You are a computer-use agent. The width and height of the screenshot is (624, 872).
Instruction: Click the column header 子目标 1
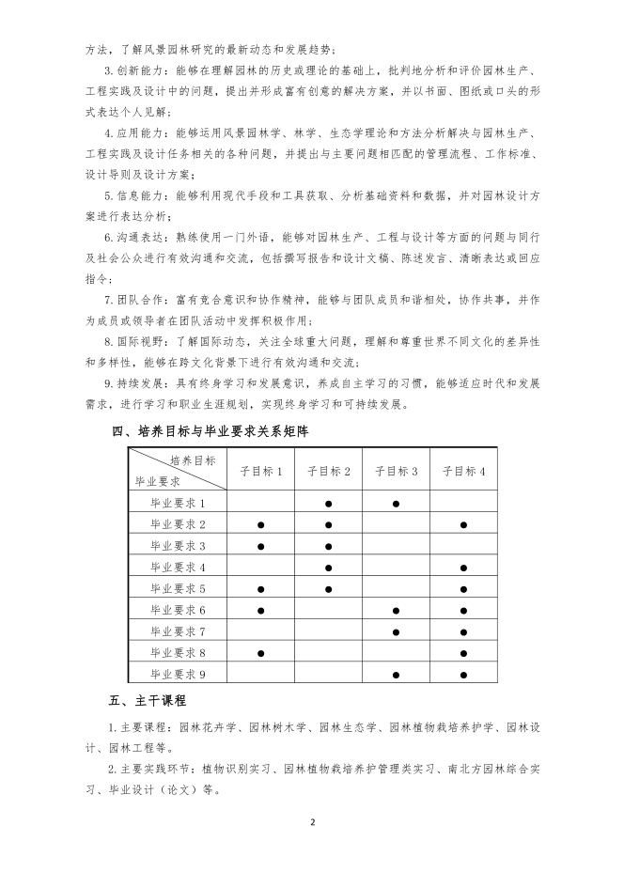260,471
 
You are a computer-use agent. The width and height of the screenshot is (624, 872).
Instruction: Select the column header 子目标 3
396,471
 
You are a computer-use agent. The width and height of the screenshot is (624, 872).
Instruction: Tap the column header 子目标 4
463,471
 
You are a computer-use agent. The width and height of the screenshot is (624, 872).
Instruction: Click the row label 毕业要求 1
178,504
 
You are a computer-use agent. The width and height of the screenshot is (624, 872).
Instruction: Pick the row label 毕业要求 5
178,589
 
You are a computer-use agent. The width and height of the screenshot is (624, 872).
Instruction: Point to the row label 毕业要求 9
178,674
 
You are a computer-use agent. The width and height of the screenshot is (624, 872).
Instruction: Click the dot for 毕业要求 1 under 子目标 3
396,504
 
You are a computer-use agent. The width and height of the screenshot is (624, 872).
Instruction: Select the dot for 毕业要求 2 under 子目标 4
463,524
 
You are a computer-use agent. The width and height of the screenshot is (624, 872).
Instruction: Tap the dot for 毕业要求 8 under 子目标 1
260,652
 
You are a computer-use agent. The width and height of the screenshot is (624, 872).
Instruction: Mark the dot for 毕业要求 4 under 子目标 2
328,568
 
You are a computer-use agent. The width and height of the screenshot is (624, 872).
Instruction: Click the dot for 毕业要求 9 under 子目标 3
396,674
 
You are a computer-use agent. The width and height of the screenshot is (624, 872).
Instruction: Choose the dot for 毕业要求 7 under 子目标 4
463,631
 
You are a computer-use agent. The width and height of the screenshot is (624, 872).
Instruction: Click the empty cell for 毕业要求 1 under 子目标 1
260,504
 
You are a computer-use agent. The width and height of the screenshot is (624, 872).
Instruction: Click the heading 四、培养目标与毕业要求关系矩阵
211,432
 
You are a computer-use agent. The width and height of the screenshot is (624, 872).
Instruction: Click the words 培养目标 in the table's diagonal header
193,460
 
